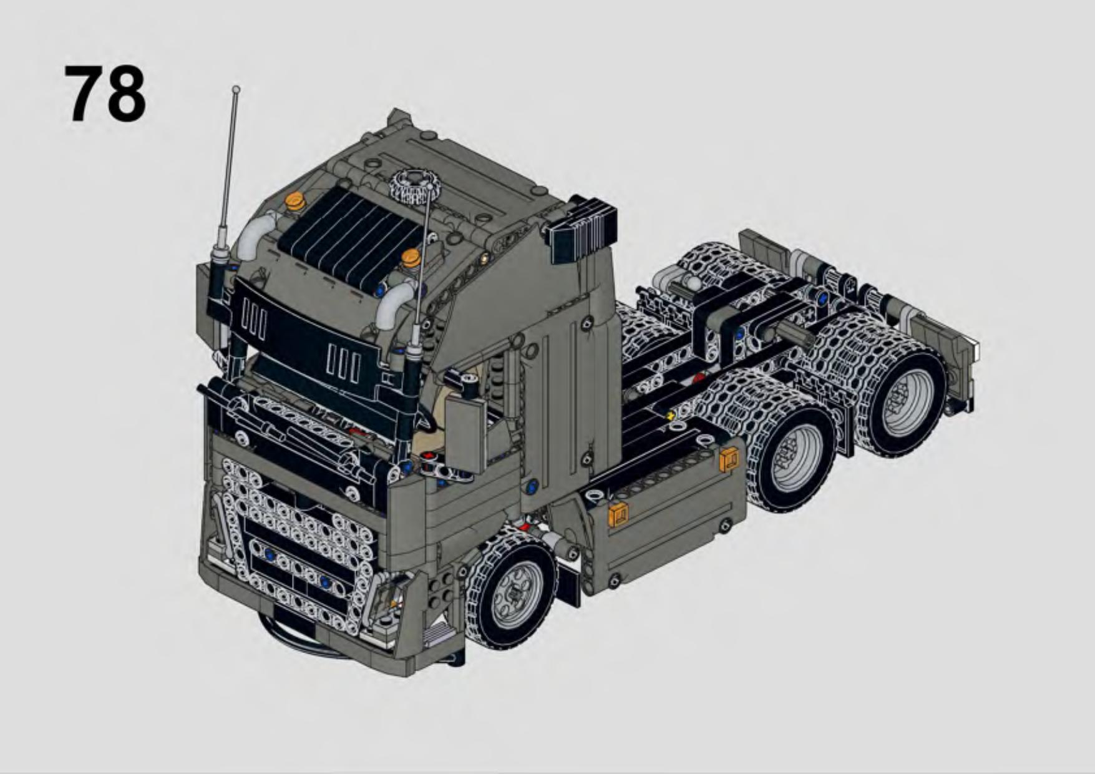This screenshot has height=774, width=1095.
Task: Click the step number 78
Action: pos(105,94)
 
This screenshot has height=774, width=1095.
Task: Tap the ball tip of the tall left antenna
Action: pos(236,89)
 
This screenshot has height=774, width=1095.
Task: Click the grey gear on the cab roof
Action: pos(413,186)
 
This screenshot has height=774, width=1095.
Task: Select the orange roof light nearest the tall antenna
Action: pos(295,202)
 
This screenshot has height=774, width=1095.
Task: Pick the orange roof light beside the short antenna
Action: pos(411,257)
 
